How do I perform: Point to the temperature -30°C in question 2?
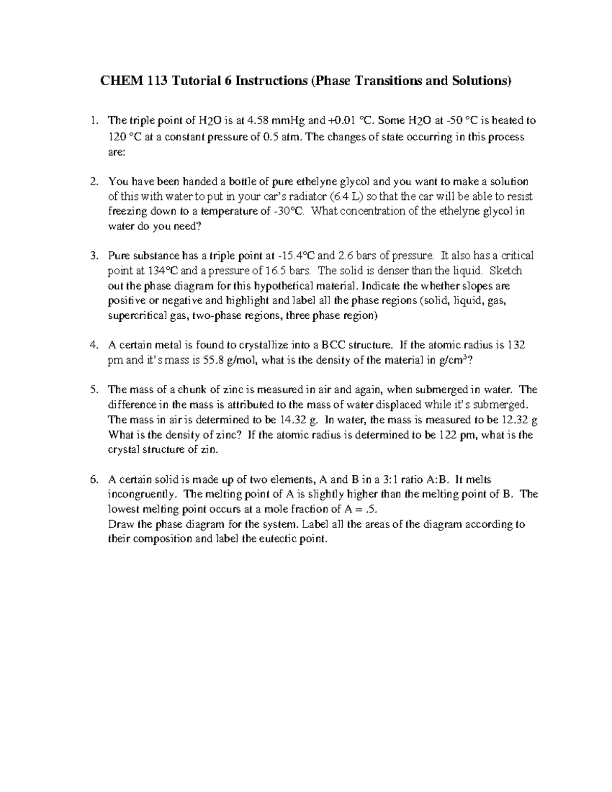289,211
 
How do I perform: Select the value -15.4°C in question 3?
298,256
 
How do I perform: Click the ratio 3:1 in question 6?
386,479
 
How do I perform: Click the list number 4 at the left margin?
93,345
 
